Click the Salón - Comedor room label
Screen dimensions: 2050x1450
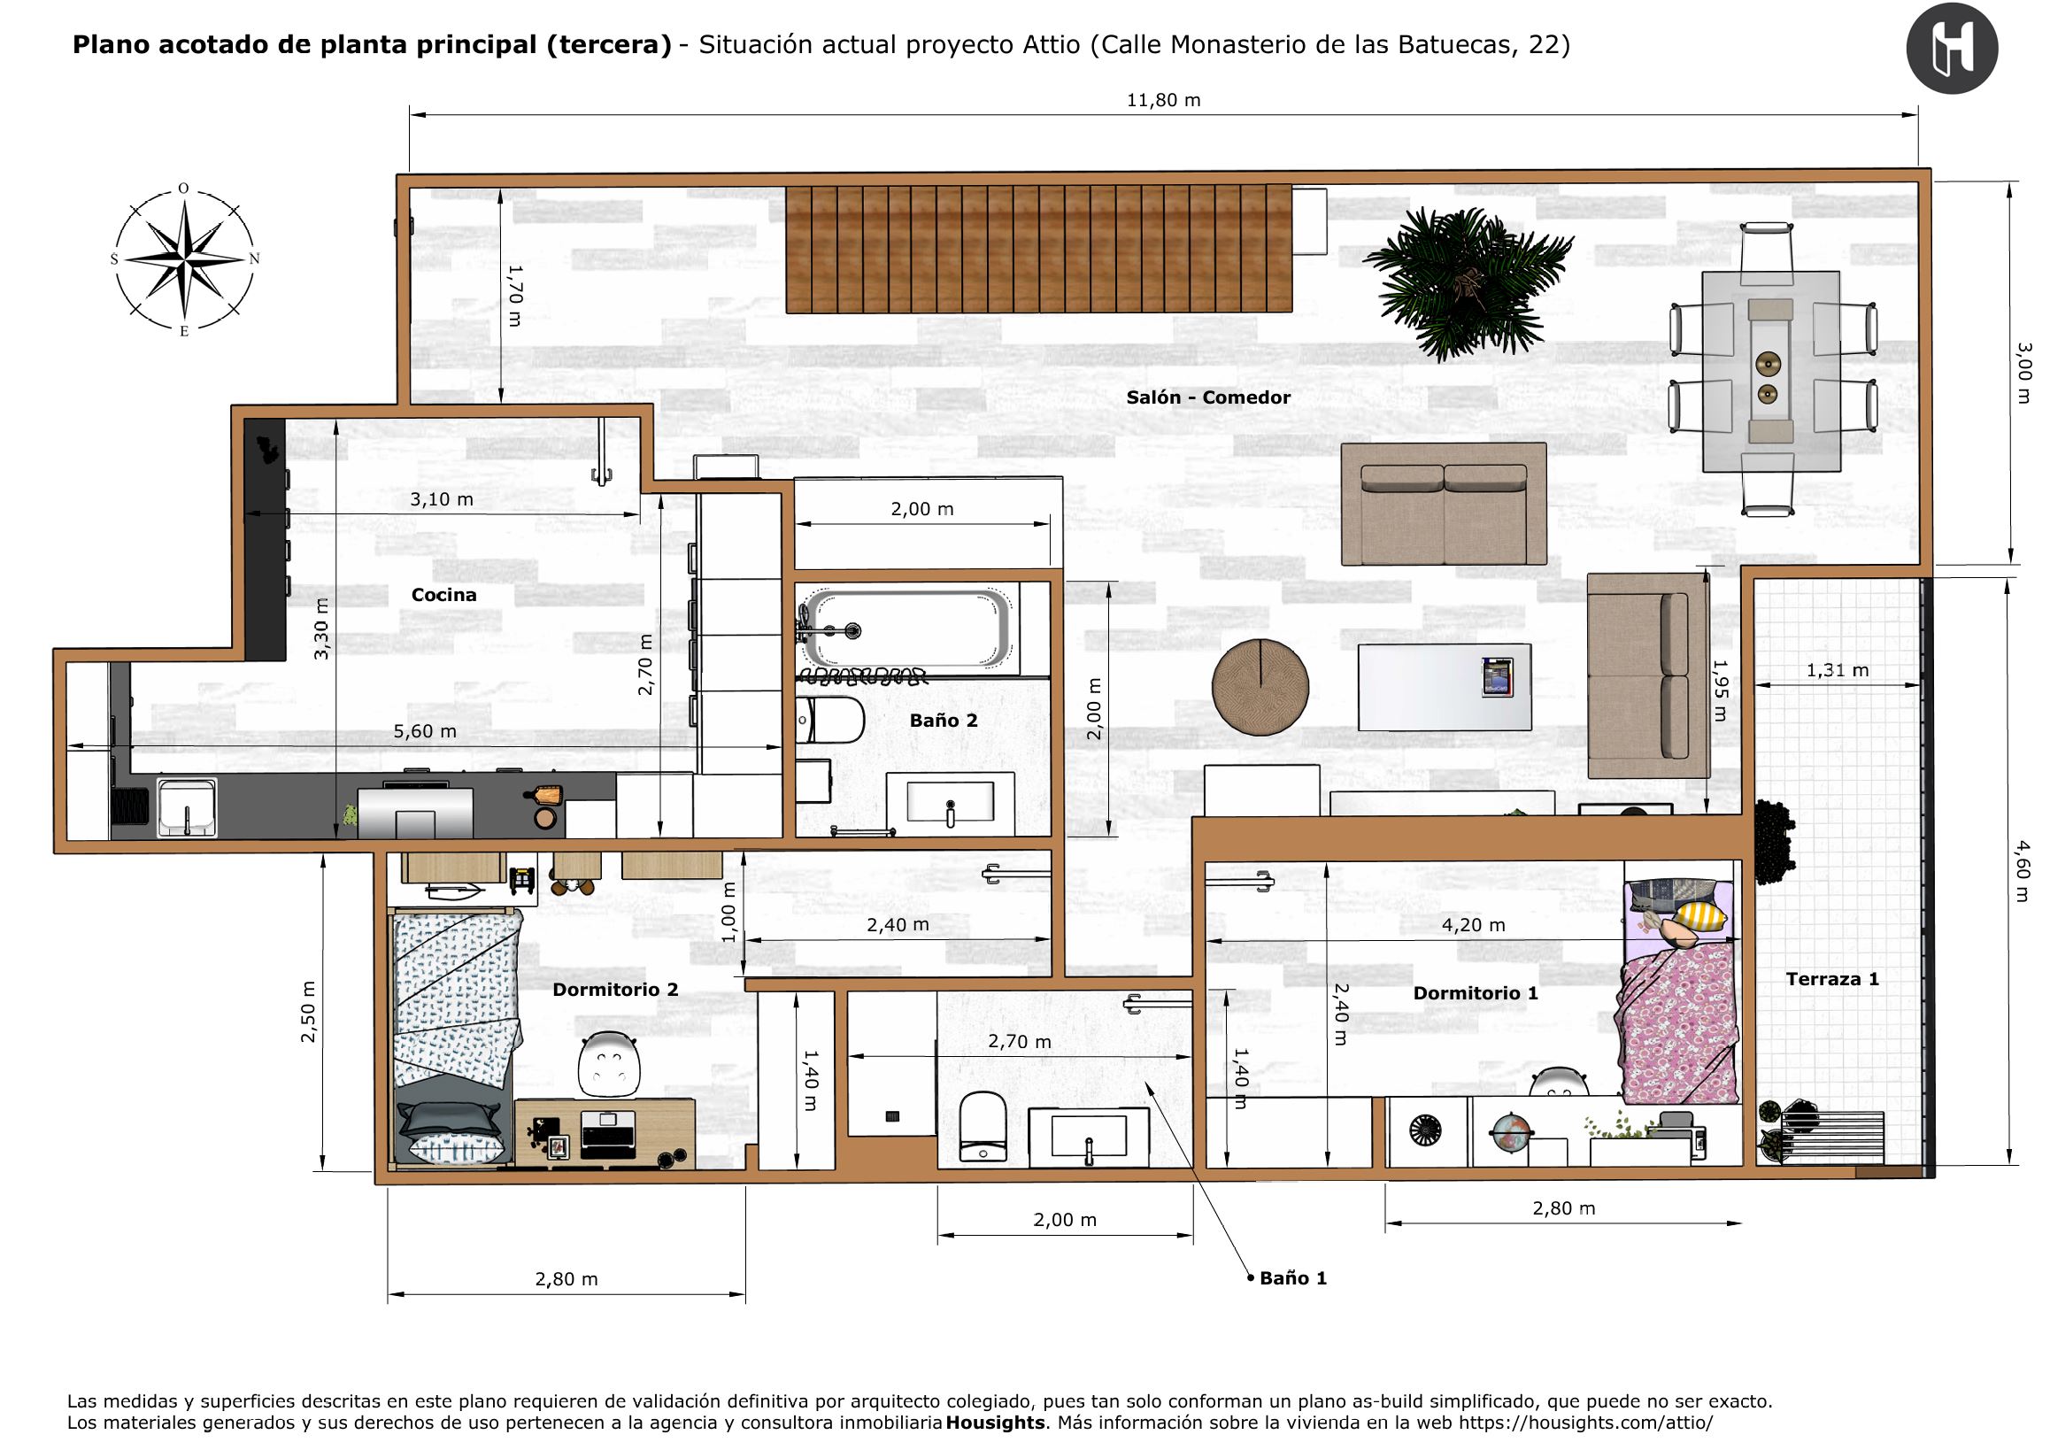[x=1208, y=397]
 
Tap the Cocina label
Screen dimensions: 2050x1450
[x=443, y=595]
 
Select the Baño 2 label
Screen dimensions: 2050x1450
[x=944, y=721]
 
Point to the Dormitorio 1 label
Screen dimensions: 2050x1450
[x=1475, y=993]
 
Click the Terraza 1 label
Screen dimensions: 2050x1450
[x=1832, y=978]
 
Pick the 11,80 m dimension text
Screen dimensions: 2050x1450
[x=1163, y=100]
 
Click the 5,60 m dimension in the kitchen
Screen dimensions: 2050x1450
[x=425, y=731]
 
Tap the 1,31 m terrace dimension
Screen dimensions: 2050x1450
[x=1838, y=669]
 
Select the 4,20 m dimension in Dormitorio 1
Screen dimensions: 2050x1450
[x=1473, y=925]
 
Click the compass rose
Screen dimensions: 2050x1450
[x=184, y=260]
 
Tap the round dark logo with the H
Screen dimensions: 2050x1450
[x=1952, y=49]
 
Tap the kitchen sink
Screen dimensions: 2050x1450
[x=188, y=807]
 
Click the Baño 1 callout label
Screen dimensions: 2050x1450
[x=1293, y=1277]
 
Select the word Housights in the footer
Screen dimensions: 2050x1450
[x=995, y=1423]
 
